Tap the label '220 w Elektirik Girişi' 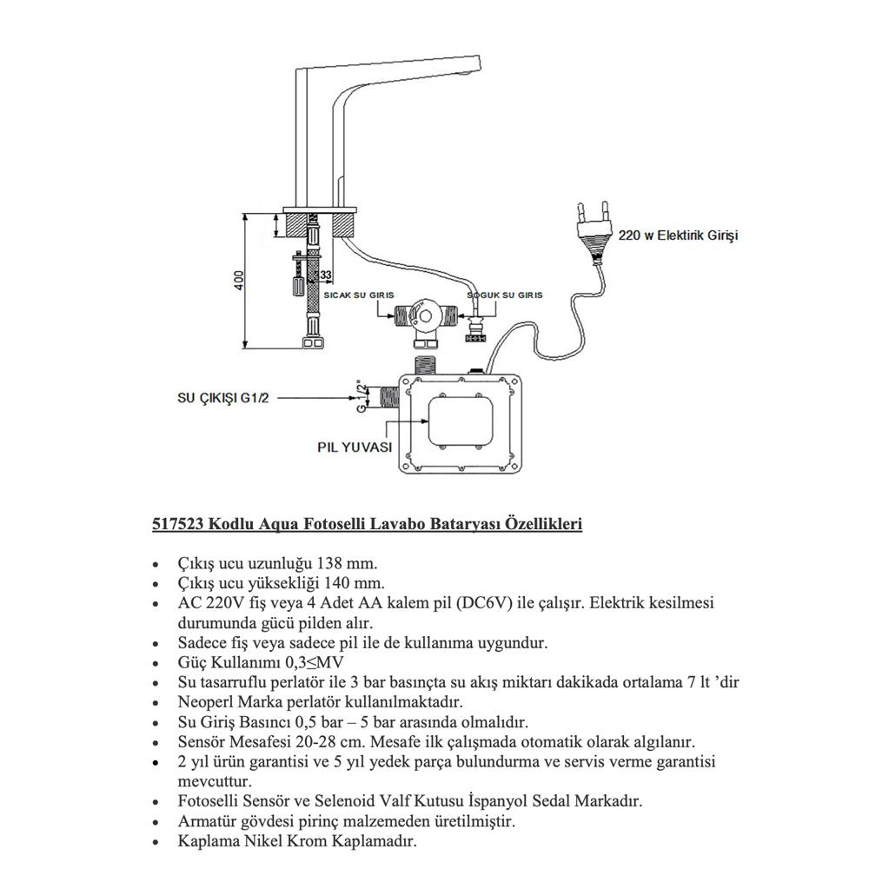click(x=679, y=235)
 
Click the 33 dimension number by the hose click(x=326, y=275)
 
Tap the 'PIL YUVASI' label click(x=353, y=448)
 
